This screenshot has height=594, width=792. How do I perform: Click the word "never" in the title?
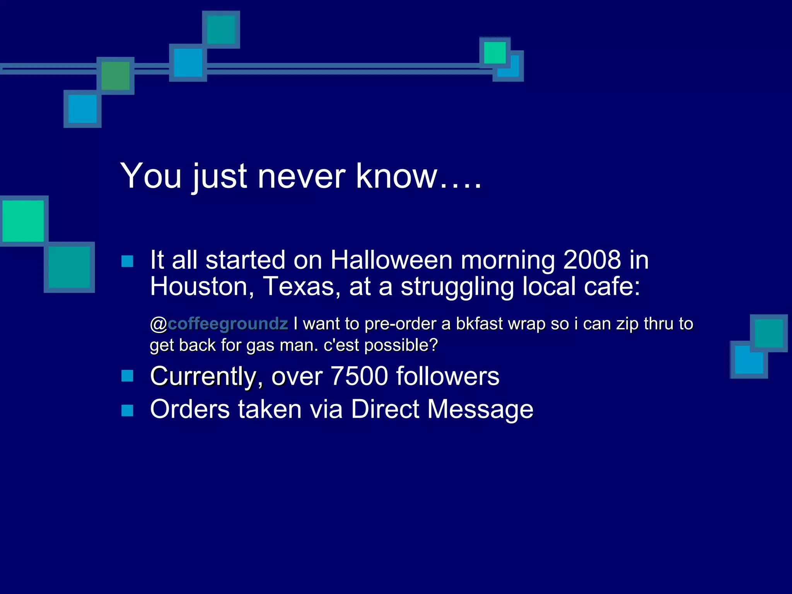pyautogui.click(x=302, y=176)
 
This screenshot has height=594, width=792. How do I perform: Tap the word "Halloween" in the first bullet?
pyautogui.click(x=391, y=260)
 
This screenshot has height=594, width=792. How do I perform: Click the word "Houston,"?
pyautogui.click(x=202, y=287)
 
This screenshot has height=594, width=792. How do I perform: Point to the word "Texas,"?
pyautogui.click(x=302, y=287)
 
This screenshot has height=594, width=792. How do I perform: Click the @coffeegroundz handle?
pyautogui.click(x=219, y=324)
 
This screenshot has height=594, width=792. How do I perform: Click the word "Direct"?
pyautogui.click(x=385, y=409)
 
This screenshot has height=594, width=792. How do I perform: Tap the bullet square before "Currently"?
pyautogui.click(x=127, y=376)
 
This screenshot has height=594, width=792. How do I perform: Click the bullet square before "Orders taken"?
pyautogui.click(x=127, y=410)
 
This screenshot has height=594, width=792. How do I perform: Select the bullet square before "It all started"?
pyautogui.click(x=127, y=261)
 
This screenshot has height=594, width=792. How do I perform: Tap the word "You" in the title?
pyautogui.click(x=151, y=176)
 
